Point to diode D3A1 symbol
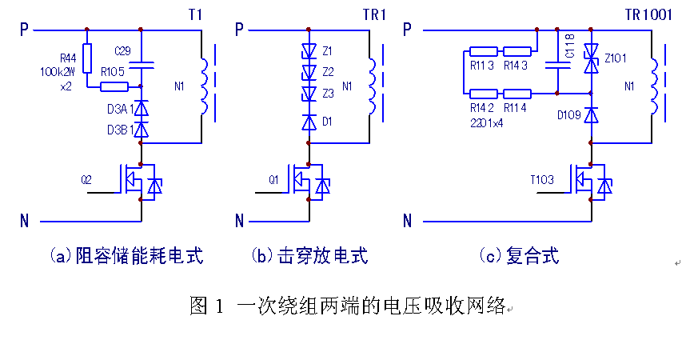141,107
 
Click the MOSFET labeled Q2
141,182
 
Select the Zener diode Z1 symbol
309,51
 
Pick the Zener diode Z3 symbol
309,94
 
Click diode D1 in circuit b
309,122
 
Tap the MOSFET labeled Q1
309,182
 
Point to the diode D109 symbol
591,115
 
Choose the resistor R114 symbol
518,94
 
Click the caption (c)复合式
519,256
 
